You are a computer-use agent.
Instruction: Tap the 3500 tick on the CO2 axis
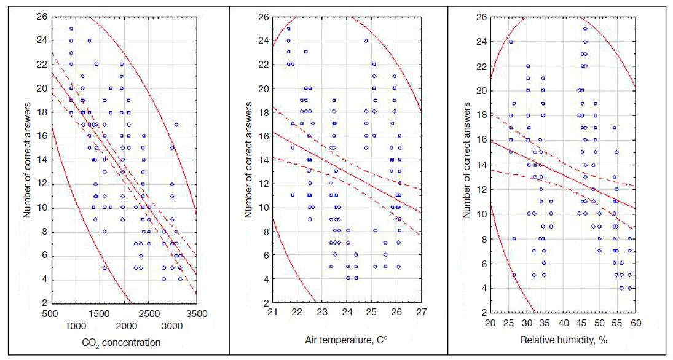196,314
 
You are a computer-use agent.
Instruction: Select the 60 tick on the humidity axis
635,323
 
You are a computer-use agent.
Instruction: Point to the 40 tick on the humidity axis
563,323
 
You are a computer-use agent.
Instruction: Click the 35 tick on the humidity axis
545,323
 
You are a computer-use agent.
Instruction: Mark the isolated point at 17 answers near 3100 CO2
176,125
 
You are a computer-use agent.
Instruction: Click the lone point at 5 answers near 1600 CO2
104,268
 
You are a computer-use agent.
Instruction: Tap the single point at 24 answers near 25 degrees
366,41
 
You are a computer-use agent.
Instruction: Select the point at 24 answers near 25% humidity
511,42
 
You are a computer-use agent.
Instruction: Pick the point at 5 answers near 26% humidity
514,275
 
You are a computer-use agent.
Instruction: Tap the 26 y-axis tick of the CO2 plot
42,17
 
